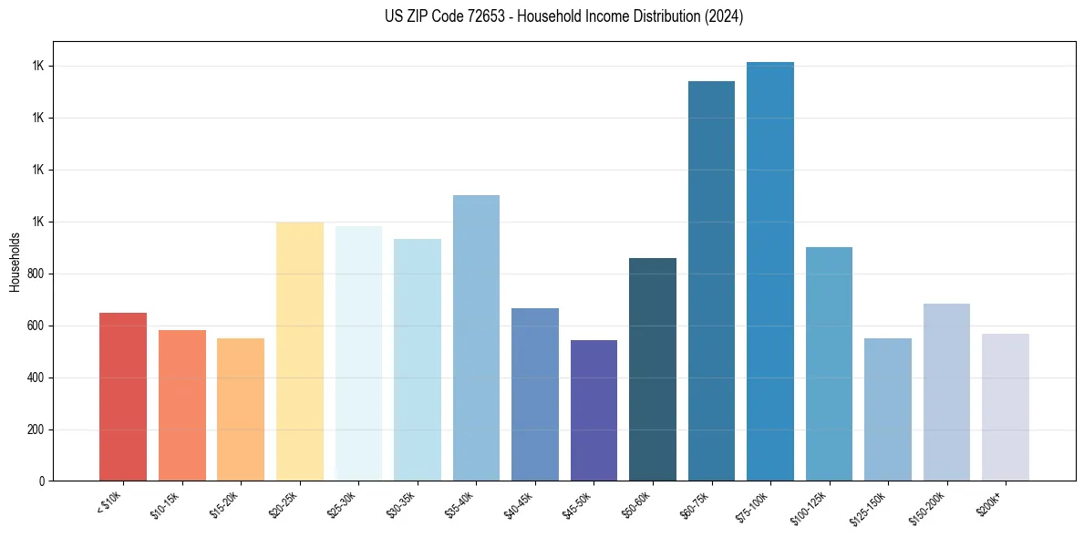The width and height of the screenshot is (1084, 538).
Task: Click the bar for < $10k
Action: [123, 397]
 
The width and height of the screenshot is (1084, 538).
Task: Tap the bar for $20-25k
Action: [300, 351]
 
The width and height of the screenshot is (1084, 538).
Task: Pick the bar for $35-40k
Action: [476, 337]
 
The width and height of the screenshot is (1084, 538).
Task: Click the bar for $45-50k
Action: [594, 410]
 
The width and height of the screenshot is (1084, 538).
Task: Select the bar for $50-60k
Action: [653, 369]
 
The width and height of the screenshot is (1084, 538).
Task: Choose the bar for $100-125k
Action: [829, 364]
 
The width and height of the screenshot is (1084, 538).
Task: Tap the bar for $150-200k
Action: [946, 392]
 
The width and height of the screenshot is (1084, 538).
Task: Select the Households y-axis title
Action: [15, 262]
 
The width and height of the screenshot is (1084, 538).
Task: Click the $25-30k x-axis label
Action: [342, 504]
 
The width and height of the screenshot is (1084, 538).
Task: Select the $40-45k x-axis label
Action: [519, 504]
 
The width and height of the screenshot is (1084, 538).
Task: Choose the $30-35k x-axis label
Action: [401, 504]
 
